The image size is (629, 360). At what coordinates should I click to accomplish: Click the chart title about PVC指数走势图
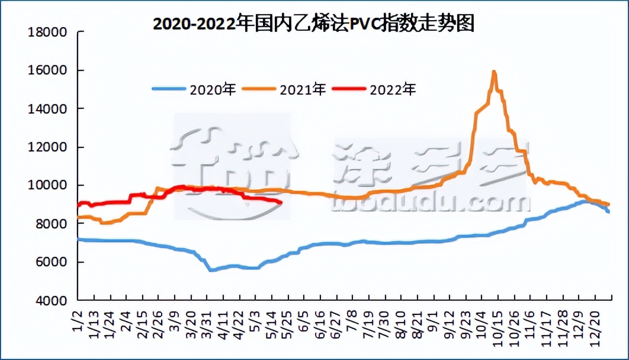tap(314, 23)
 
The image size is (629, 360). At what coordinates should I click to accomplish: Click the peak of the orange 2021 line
tap(493, 72)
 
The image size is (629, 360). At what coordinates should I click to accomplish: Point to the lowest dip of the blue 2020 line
tap(210, 270)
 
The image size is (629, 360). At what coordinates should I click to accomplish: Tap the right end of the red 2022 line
tap(280, 202)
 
